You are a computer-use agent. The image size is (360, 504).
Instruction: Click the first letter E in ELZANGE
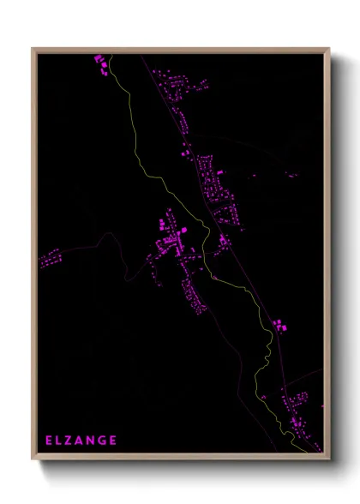50,441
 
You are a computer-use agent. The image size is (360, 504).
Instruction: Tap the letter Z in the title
70,441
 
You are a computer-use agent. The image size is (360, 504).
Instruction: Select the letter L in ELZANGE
60,441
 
